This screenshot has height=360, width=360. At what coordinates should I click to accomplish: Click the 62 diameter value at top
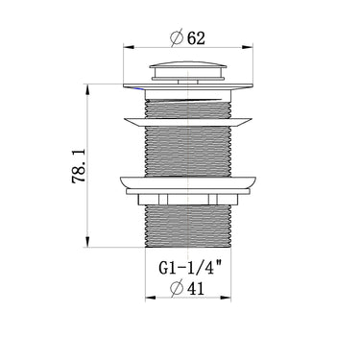click(196, 38)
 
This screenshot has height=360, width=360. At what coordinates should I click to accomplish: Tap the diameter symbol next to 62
click(177, 38)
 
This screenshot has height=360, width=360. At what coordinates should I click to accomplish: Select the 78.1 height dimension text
click(79, 166)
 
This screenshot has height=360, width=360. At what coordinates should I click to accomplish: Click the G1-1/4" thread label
click(190, 268)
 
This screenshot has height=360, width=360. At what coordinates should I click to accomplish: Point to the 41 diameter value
click(195, 289)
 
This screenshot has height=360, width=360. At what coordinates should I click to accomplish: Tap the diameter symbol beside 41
click(177, 289)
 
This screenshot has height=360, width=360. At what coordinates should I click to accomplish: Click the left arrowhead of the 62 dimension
click(129, 47)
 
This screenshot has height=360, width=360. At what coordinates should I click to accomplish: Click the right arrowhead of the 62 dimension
click(248, 47)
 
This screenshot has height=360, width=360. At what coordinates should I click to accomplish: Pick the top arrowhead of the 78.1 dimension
click(86, 89)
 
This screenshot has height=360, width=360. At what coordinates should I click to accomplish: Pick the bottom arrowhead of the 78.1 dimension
click(86, 242)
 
